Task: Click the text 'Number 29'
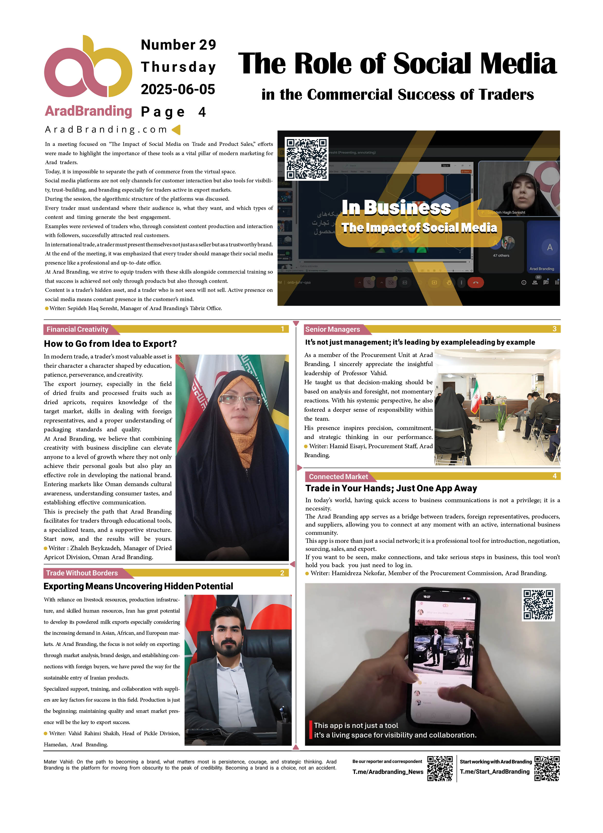point(178,45)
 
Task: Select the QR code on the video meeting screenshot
point(307,158)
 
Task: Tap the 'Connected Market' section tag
point(338,477)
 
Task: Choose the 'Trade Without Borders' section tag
point(82,573)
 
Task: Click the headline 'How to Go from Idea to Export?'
point(110,344)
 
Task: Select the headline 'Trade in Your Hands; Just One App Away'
point(391,488)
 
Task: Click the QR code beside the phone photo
point(538,605)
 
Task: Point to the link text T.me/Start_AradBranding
point(494,772)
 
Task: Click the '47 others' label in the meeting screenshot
point(501,256)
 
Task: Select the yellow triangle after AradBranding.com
point(176,129)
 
